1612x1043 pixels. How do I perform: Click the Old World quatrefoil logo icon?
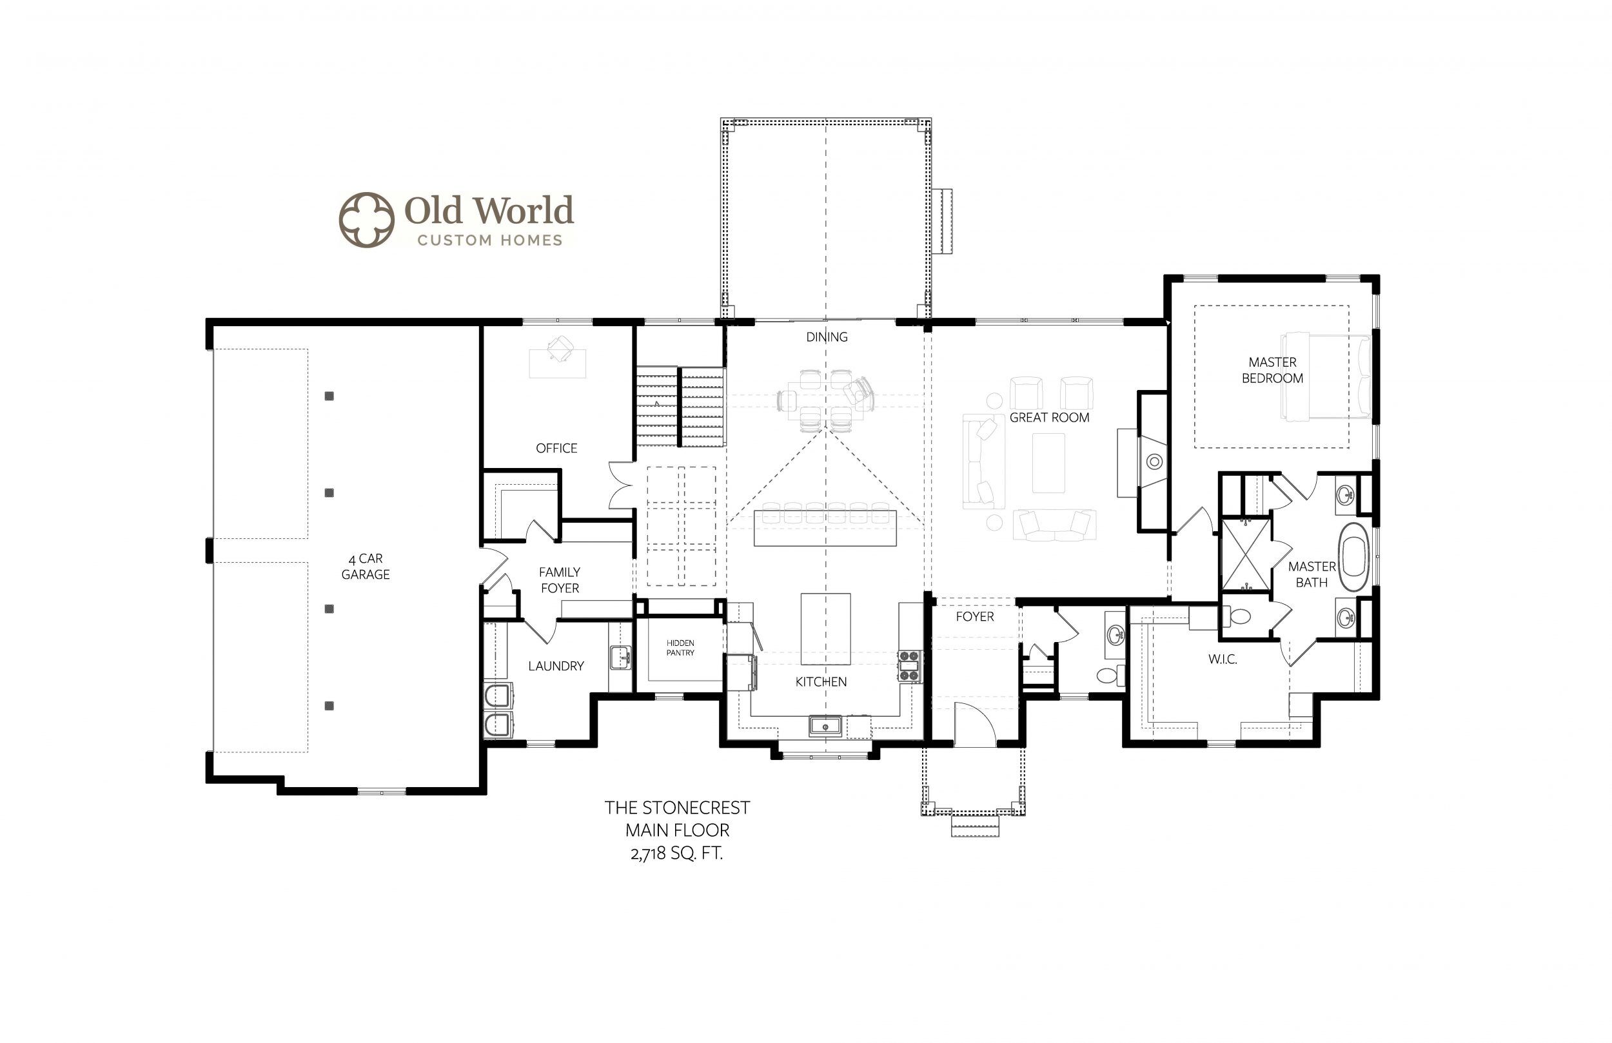366,219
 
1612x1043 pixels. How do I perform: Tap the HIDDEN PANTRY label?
680,648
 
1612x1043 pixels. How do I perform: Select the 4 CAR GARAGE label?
365,566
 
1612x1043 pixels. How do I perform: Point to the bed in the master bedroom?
1326,376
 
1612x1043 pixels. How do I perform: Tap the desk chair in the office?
560,348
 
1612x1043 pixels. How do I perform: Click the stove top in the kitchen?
909,666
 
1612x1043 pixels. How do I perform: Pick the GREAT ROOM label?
1049,418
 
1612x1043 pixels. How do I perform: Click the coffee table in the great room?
1048,463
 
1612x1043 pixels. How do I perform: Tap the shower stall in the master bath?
1245,554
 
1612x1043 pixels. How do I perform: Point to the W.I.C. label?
1223,659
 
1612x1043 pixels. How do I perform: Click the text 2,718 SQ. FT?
676,854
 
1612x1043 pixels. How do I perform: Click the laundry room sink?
620,658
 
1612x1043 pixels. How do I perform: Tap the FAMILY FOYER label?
560,580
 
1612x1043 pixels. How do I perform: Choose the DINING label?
827,337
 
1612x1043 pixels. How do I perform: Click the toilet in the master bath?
1237,616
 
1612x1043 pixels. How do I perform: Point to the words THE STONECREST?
677,808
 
